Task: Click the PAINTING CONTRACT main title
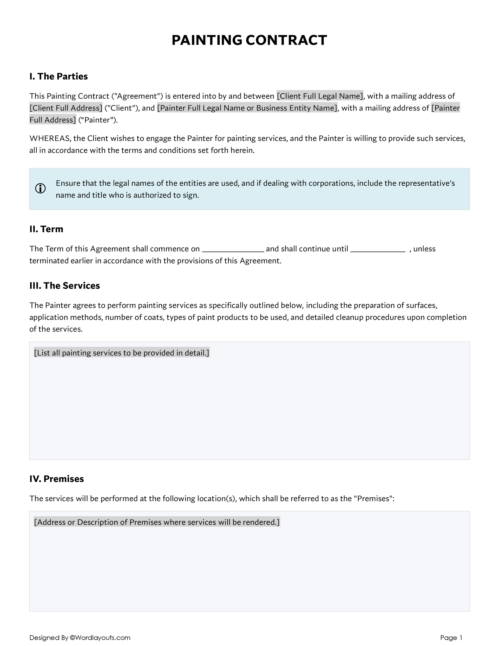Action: click(249, 40)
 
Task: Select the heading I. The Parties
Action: click(58, 76)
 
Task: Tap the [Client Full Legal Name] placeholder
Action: click(319, 96)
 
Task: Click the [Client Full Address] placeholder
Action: click(66, 108)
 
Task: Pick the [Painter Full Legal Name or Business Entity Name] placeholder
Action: click(247, 108)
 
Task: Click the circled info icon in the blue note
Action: click(41, 188)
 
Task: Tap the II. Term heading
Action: click(46, 229)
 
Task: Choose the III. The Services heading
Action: click(64, 285)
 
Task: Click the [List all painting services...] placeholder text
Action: click(122, 353)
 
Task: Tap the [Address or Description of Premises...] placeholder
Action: click(157, 522)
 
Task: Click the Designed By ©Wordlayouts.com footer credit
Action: click(80, 637)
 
